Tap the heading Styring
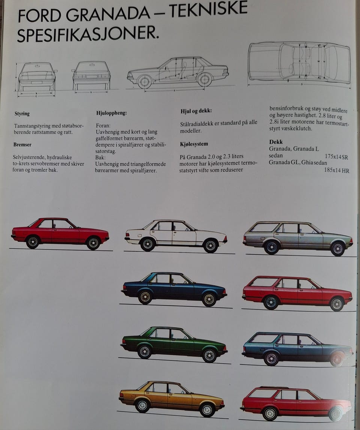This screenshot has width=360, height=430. click(x=22, y=113)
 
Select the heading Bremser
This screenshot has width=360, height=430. click(x=22, y=145)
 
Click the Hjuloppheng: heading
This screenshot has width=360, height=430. click(x=111, y=113)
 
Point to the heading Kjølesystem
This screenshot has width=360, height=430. click(x=194, y=144)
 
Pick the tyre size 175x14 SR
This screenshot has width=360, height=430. click(x=336, y=157)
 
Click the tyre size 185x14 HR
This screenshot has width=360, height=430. click(x=337, y=170)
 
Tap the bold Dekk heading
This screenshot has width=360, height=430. click(x=276, y=142)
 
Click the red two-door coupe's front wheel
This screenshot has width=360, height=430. click(x=93, y=243)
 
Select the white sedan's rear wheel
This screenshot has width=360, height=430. click(x=148, y=244)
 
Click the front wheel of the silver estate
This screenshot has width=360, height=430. click(x=337, y=249)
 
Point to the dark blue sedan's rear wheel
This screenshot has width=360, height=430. click(x=145, y=297)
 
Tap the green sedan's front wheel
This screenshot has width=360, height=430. click(x=210, y=355)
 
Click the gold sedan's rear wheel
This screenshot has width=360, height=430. click(x=142, y=405)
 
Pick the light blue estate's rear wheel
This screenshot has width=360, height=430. click(x=271, y=358)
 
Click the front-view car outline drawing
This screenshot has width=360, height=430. click(x=37, y=77)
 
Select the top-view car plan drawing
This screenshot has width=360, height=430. click(x=299, y=63)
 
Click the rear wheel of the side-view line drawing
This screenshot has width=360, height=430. click(x=145, y=81)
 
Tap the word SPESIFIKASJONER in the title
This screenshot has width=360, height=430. click(x=88, y=34)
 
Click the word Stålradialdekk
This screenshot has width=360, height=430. click(x=196, y=124)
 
